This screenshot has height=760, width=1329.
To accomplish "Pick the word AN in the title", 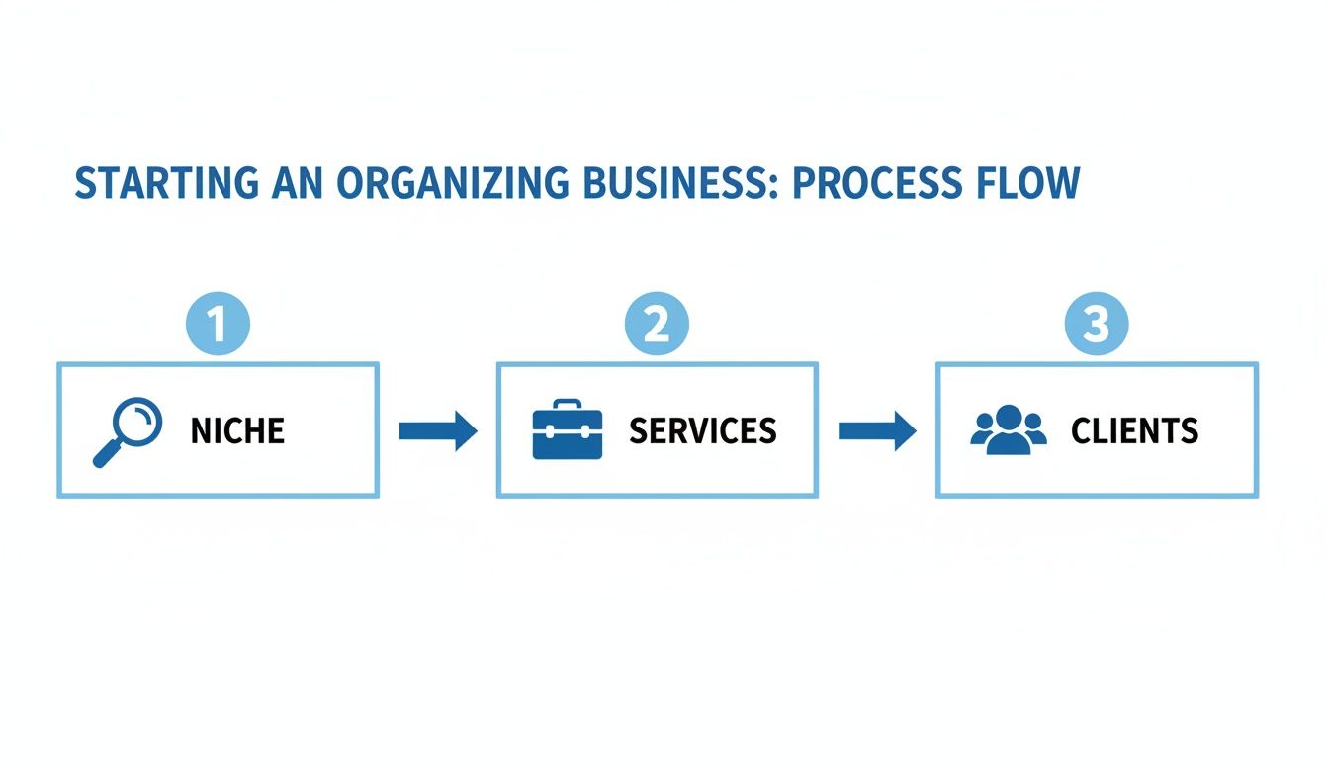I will pos(295,184).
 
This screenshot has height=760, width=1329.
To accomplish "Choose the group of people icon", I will pos(1008,430).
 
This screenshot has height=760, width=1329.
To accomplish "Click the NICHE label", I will pos(237,430).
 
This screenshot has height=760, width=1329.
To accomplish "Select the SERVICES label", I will pos(702,430).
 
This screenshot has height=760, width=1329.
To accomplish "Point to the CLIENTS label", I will pos(1134,430).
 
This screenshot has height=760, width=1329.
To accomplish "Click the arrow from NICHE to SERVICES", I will pos(438,430).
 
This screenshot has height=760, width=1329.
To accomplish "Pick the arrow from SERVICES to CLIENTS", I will pos(877,430).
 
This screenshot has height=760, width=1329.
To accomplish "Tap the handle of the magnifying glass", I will pos(105,454).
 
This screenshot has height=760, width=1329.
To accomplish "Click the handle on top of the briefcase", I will pos(568,405).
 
